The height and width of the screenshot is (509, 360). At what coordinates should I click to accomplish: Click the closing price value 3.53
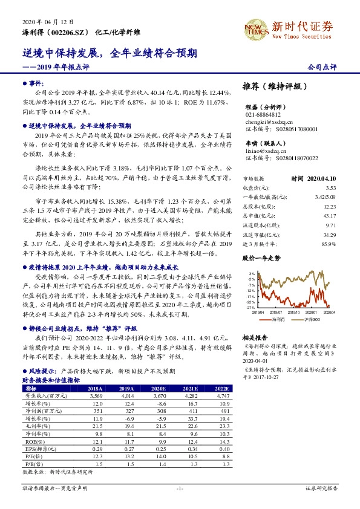[330, 189]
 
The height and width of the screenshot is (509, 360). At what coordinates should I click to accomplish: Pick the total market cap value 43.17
[329, 216]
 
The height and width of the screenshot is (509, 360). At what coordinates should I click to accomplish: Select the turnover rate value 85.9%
[329, 243]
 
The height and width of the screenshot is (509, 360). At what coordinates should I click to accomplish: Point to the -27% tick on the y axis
[251, 307]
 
